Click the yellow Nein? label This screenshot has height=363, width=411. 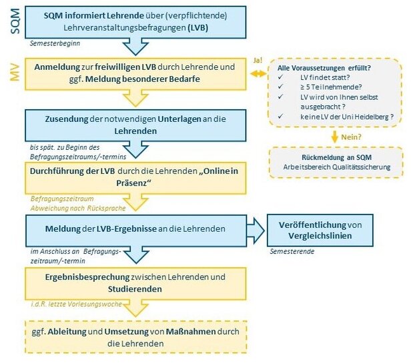pos(353,136)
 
